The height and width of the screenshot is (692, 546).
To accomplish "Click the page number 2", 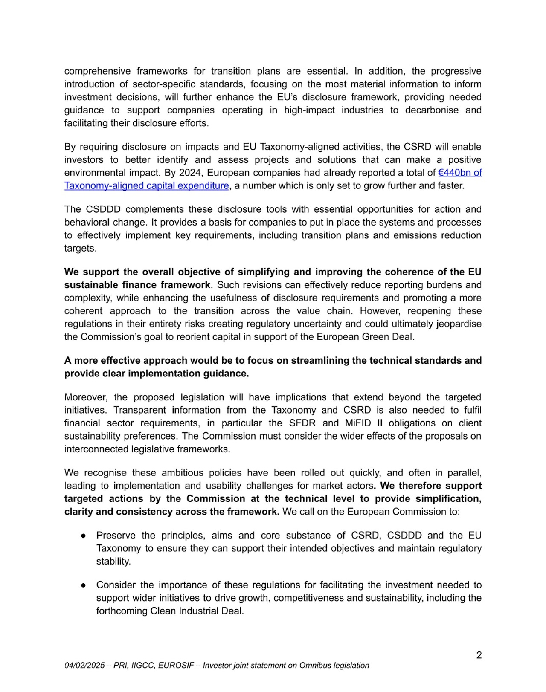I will coord(479,655).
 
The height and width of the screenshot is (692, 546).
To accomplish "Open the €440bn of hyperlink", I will coord(460,173).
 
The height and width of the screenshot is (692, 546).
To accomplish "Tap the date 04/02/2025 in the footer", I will coord(84,665).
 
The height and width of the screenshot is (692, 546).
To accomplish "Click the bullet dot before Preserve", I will coord(84,536).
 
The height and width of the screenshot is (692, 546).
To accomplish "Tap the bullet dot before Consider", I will coord(84,585).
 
